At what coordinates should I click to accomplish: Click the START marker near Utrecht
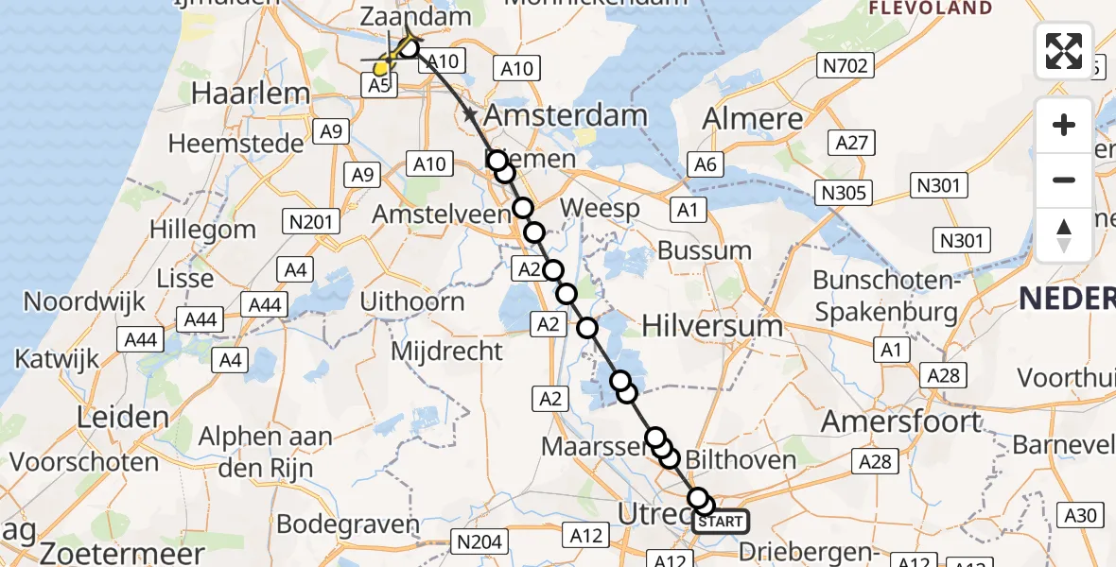click(x=722, y=521)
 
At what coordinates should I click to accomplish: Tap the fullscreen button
click(x=1064, y=51)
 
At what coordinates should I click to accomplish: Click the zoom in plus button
click(x=1064, y=125)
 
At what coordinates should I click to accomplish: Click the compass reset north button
click(x=1064, y=234)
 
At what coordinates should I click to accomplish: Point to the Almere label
click(x=753, y=119)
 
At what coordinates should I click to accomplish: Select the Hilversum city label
click(x=712, y=326)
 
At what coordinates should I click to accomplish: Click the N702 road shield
click(x=846, y=65)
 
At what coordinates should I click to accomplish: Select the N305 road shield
click(x=845, y=194)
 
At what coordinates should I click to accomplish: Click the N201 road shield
click(x=311, y=222)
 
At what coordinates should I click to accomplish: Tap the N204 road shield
click(x=480, y=541)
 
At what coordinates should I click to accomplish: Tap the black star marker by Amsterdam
click(x=470, y=115)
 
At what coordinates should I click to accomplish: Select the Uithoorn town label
click(x=413, y=301)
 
